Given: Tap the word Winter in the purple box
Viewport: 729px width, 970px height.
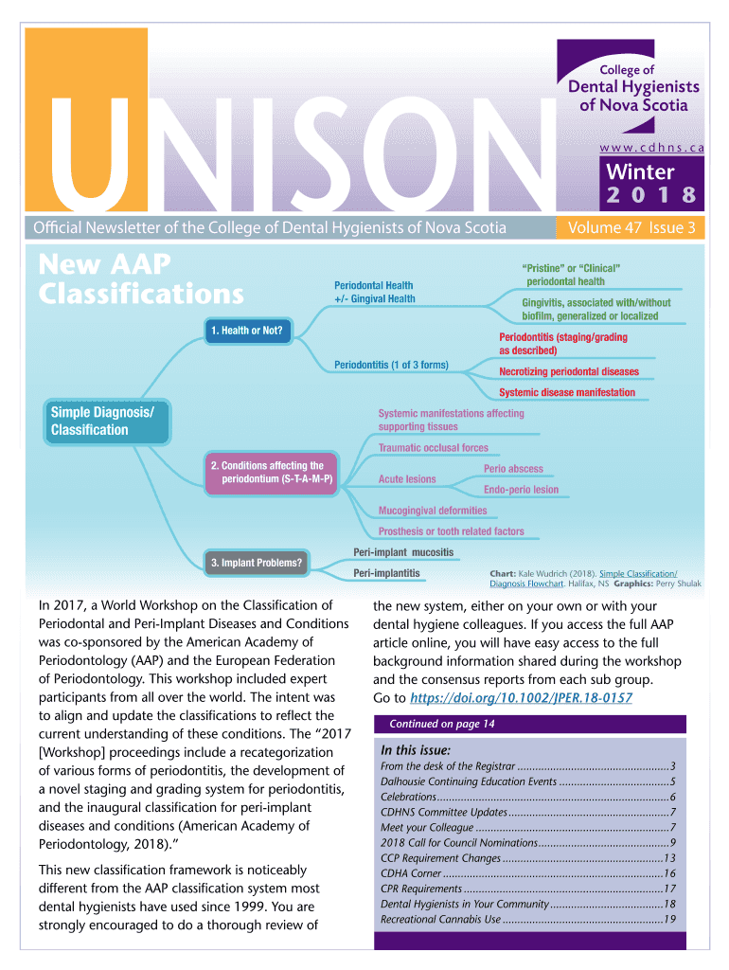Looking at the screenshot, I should pyautogui.click(x=640, y=172).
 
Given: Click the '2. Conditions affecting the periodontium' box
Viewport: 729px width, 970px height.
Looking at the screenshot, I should pyautogui.click(x=272, y=473).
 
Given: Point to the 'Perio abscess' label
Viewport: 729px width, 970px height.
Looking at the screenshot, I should pyautogui.click(x=513, y=469).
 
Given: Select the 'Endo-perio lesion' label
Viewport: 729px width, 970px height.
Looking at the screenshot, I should pyautogui.click(x=521, y=490).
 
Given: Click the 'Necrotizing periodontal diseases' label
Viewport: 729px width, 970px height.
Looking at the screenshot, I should pyautogui.click(x=568, y=371).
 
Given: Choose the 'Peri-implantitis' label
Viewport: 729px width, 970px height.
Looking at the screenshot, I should pyautogui.click(x=386, y=573).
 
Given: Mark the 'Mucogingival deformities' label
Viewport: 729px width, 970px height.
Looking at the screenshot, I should pyautogui.click(x=433, y=511).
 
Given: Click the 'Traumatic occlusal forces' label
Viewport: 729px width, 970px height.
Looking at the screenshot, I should pyautogui.click(x=434, y=448).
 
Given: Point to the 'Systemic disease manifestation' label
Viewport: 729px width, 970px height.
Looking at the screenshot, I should pyautogui.click(x=567, y=392).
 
